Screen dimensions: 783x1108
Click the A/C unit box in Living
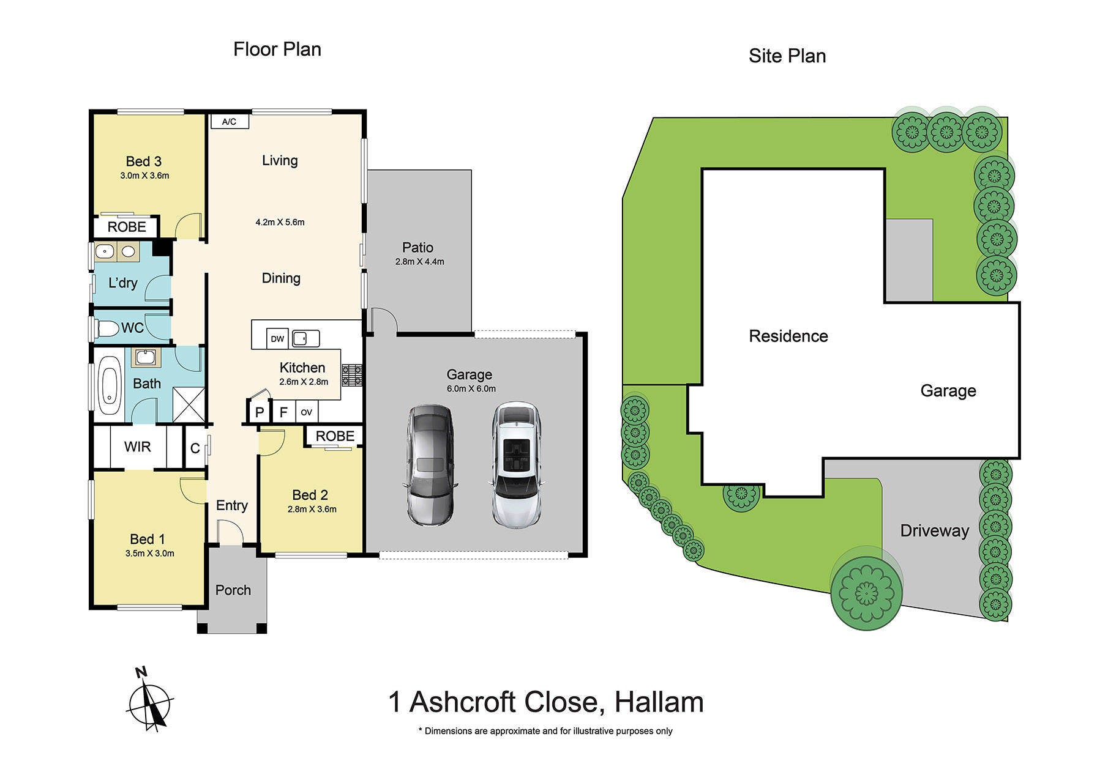click(230, 122)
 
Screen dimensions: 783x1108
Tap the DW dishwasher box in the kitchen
click(277, 338)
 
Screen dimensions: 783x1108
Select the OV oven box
click(307, 412)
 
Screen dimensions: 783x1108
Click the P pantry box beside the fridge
click(260, 412)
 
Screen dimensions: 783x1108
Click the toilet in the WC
click(108, 329)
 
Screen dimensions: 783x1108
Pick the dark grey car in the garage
click(431, 465)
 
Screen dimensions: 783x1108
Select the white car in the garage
click(517, 465)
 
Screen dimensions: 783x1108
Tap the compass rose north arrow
click(150, 703)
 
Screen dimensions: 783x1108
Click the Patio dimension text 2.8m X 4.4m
click(420, 262)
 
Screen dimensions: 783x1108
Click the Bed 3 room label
click(144, 161)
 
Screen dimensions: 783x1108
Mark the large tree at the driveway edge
click(866, 593)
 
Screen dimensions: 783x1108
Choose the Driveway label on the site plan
click(934, 531)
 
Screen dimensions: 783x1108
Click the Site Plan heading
click(787, 56)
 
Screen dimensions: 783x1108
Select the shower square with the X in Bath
click(189, 404)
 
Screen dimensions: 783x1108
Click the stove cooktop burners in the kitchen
click(352, 375)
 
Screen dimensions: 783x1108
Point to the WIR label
click(138, 447)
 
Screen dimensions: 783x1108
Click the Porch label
click(233, 590)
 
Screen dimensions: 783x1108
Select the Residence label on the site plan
click(788, 336)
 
